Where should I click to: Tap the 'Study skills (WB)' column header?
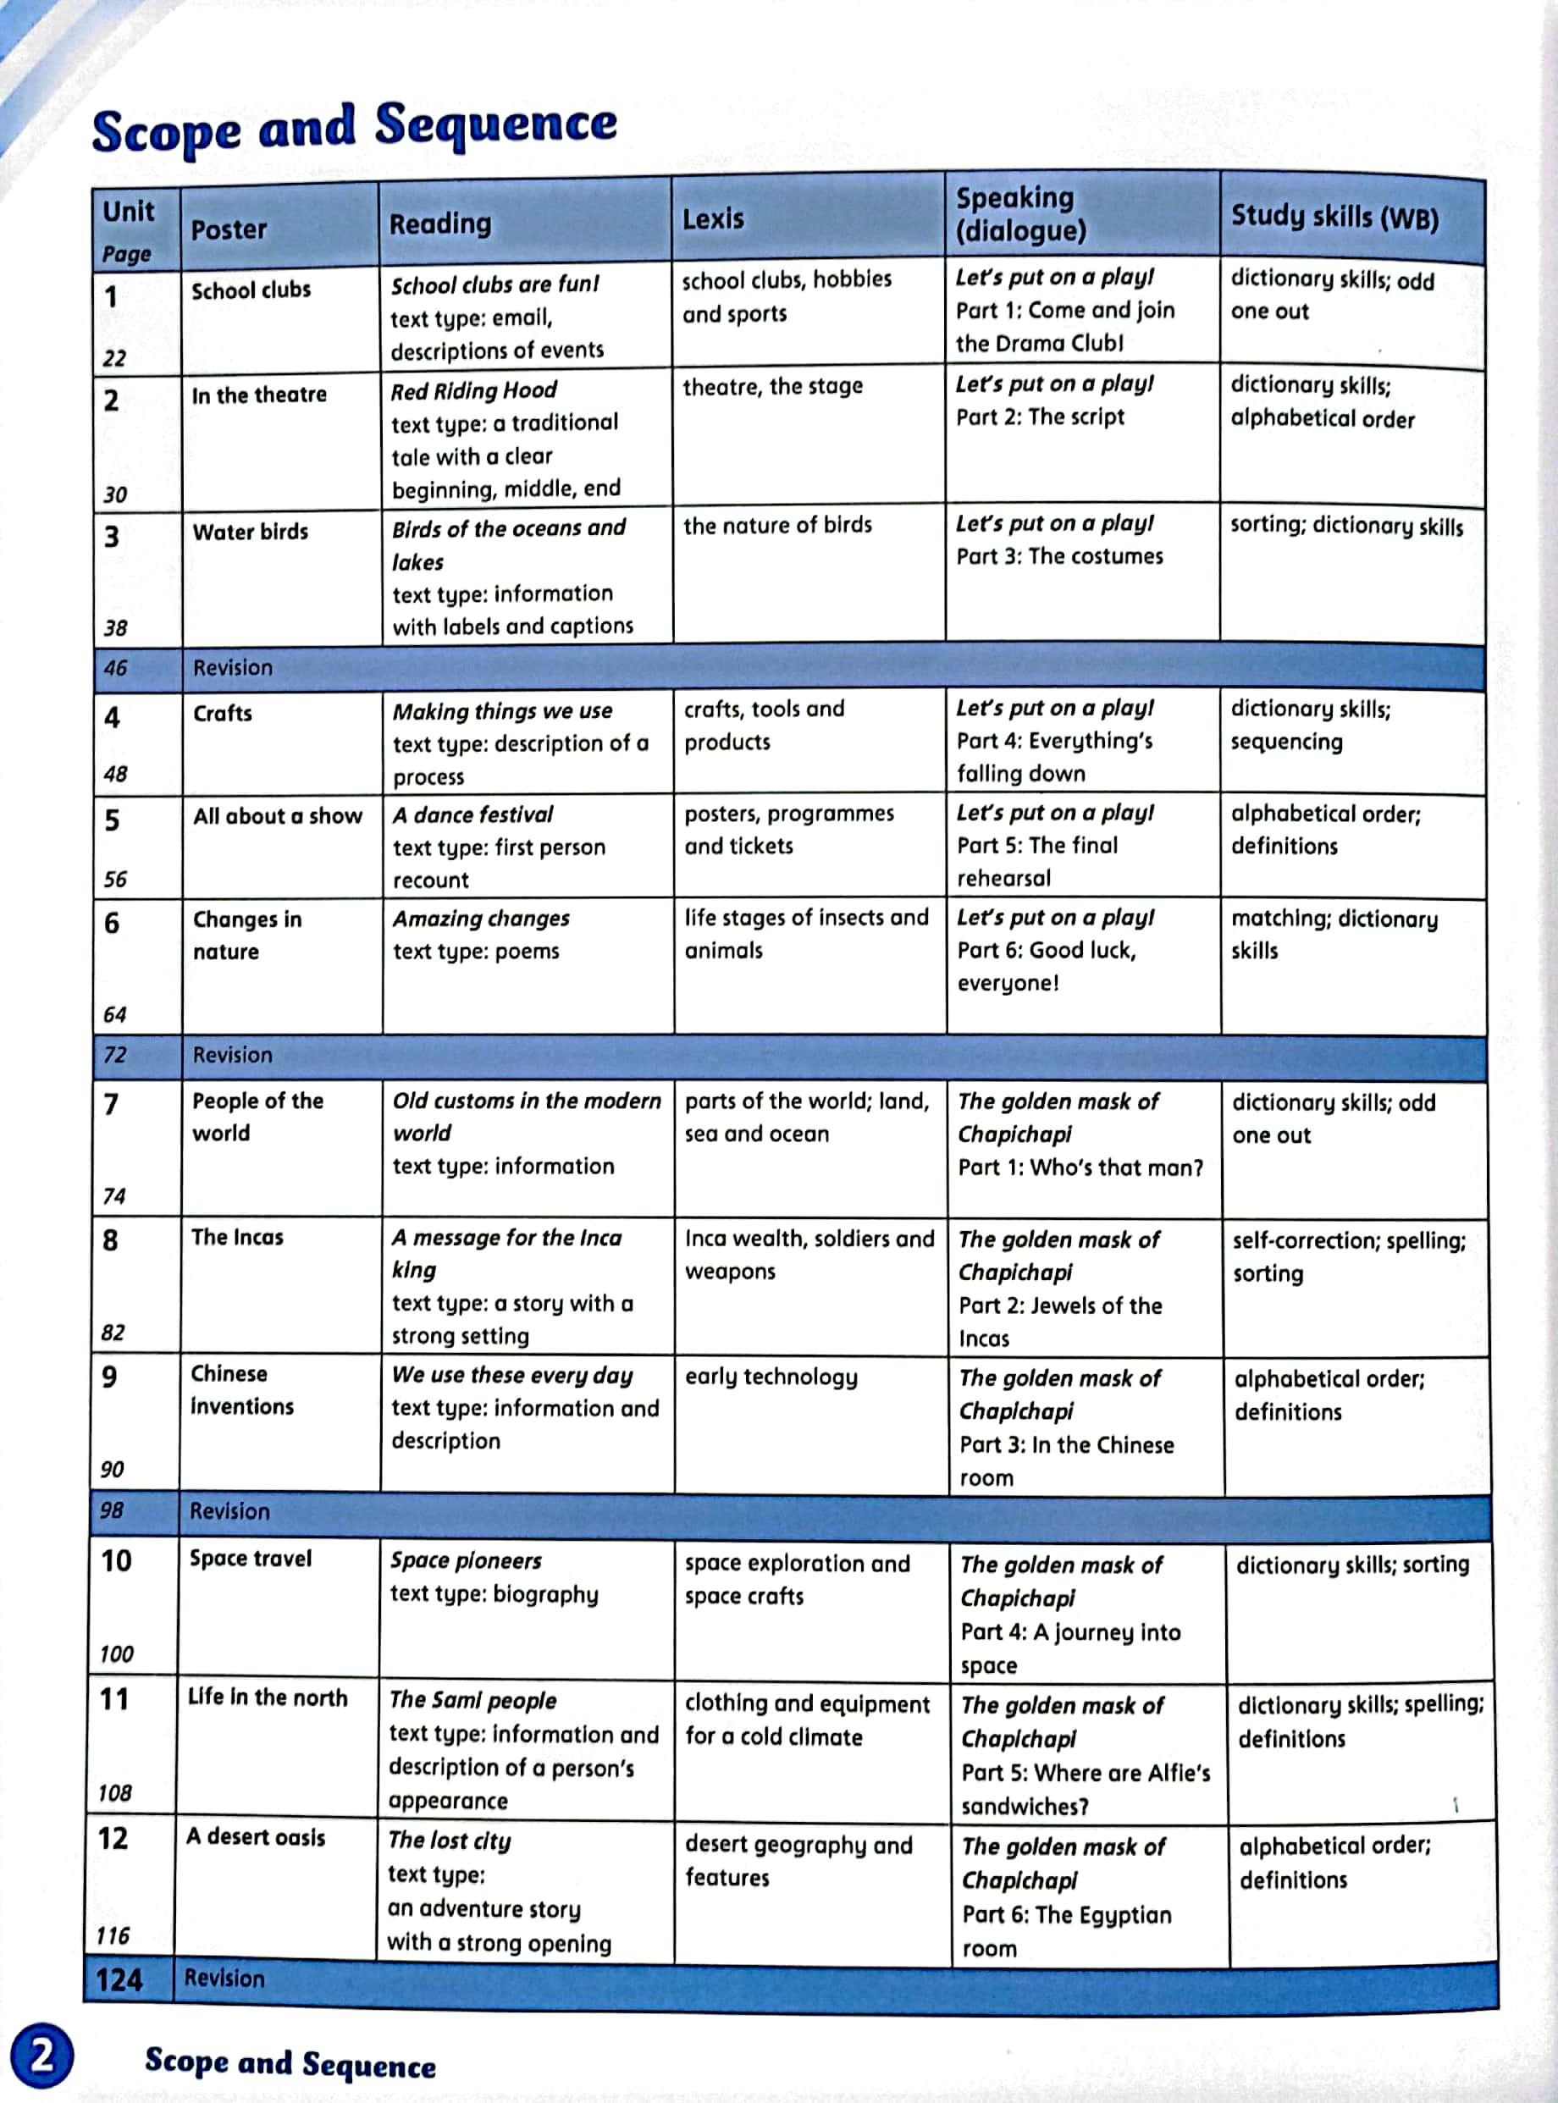[1334, 217]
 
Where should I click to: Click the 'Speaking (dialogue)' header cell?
[1020, 214]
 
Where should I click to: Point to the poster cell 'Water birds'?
[250, 532]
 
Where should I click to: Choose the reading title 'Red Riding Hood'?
[473, 390]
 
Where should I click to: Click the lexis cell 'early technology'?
[771, 1377]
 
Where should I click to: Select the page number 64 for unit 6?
[114, 1015]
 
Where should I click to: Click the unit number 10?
[116, 1562]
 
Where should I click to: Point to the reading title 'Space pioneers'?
[466, 1561]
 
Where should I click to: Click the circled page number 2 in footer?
[41, 2055]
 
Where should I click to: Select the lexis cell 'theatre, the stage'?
[772, 387]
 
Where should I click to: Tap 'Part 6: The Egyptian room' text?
[1066, 1930]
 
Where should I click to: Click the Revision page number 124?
[119, 1979]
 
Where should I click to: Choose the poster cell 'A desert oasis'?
[256, 1837]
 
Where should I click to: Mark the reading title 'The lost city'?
[449, 1840]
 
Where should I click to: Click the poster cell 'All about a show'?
[277, 816]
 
